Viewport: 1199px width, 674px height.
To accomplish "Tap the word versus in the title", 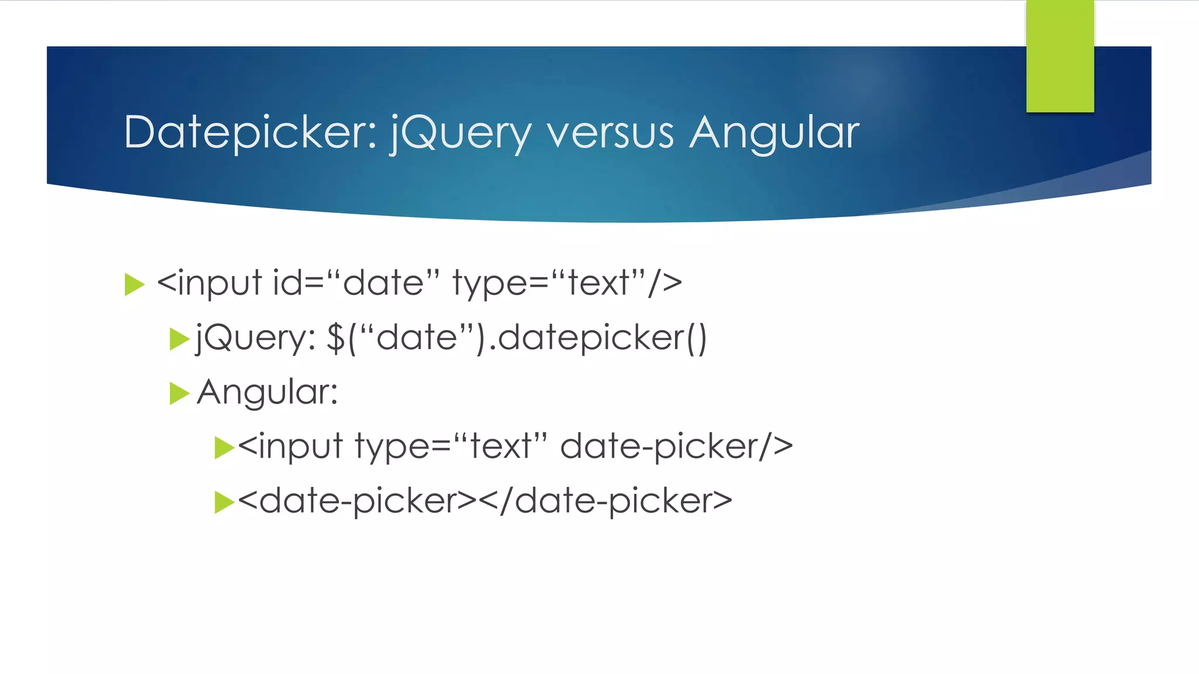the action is click(x=610, y=133).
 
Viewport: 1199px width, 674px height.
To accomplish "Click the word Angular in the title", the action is click(x=774, y=133).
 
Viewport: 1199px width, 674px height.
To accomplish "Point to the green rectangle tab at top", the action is click(x=1060, y=56).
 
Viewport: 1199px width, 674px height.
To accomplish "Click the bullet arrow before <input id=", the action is click(x=134, y=285).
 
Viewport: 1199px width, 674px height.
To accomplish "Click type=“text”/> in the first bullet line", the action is click(x=567, y=283).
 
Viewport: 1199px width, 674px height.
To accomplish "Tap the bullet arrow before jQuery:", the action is click(x=179, y=339).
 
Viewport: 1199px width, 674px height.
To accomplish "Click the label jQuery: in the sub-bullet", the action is click(x=256, y=338).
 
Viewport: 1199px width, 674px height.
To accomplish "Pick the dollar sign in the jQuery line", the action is click(x=335, y=338).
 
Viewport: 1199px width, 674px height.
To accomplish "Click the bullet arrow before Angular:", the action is click(x=179, y=393).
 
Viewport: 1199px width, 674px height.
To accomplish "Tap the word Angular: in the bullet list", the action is click(x=268, y=392).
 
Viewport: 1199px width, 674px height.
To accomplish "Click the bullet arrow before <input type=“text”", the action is click(x=224, y=448).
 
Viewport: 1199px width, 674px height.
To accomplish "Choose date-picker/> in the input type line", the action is click(x=676, y=447).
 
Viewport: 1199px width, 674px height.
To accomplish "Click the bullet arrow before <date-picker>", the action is click(x=224, y=502).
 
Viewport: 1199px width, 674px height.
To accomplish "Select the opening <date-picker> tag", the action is click(x=357, y=501).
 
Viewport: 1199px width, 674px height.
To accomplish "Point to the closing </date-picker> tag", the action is click(x=605, y=501).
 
